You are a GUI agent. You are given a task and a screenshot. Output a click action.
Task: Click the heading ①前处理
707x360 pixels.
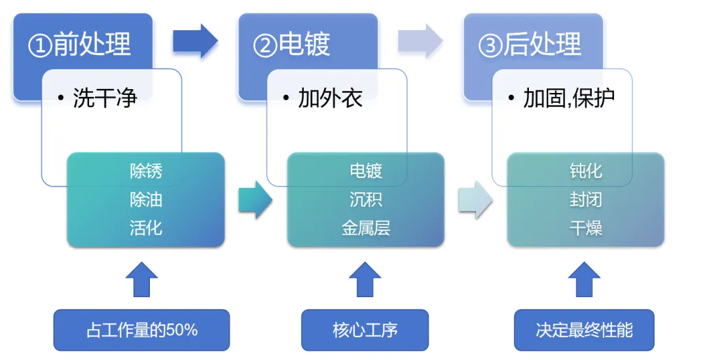point(79,45)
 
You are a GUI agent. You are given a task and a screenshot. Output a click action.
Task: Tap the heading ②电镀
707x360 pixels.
point(292,45)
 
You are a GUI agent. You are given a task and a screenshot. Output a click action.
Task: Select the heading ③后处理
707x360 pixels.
point(530,45)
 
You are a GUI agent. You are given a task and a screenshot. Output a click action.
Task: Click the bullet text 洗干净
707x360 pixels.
point(105,99)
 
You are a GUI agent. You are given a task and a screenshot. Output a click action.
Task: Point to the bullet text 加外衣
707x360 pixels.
point(330,99)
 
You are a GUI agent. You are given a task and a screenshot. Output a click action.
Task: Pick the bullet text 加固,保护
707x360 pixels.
point(569,99)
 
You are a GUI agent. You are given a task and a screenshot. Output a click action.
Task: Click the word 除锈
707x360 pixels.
point(146,171)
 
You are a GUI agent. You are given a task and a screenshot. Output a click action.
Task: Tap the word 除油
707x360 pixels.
point(146,200)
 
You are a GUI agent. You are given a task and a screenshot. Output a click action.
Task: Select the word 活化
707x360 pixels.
point(146,228)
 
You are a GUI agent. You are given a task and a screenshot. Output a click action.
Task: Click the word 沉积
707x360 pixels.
point(366,200)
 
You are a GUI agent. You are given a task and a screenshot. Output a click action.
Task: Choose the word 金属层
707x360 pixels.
point(366,228)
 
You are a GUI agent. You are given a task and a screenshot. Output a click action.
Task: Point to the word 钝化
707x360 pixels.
point(586,171)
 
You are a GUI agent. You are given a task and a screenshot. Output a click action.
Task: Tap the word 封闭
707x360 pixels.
point(586,200)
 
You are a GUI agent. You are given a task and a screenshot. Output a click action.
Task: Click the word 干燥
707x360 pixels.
point(586,228)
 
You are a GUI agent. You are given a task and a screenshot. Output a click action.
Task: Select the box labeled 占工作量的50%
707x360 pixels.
point(141,330)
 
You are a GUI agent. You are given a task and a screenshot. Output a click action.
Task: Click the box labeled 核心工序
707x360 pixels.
point(365,330)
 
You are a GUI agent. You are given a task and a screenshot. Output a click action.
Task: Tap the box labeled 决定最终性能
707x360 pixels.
point(584,330)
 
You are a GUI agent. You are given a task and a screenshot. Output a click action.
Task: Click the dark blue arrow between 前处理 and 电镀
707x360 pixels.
point(195,41)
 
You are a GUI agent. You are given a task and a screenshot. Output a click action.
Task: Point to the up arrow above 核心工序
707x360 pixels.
point(365,279)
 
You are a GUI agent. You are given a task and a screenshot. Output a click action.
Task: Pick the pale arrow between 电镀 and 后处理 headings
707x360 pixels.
point(420,41)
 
